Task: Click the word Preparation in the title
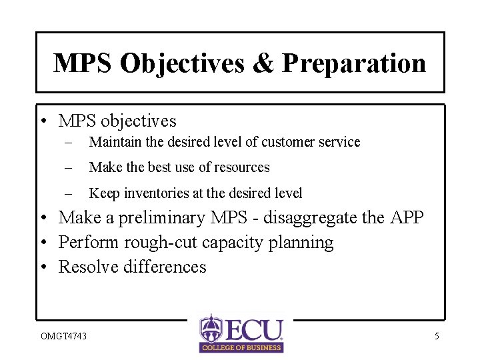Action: click(x=354, y=63)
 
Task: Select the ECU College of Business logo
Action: click(x=241, y=333)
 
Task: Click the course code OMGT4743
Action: click(x=63, y=336)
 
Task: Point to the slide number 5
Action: click(x=437, y=336)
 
